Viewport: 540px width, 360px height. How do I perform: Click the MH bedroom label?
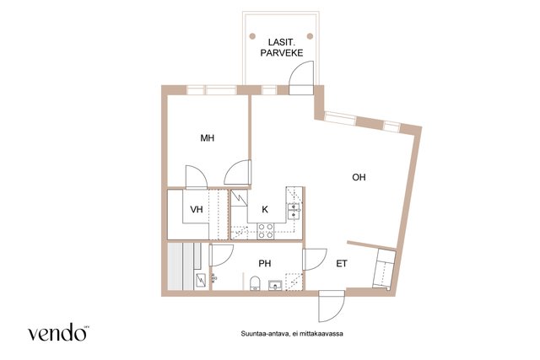[x=208, y=138]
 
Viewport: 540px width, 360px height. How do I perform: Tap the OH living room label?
[x=359, y=177]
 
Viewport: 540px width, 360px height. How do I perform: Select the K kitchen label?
[x=265, y=209]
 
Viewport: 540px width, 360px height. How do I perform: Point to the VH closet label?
[x=197, y=209]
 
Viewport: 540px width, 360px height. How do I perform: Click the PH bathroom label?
[x=265, y=263]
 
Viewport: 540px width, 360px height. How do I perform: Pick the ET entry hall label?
[x=342, y=264]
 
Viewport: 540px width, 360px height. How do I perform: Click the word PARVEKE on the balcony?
[x=282, y=52]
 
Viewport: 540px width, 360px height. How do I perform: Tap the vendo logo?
[x=57, y=332]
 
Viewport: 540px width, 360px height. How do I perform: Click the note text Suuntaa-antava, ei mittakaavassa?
[x=292, y=334]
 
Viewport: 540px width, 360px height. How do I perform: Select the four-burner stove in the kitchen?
[x=266, y=231]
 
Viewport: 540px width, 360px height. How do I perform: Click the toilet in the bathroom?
[x=255, y=283]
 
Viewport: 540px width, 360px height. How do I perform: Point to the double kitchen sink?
[x=294, y=211]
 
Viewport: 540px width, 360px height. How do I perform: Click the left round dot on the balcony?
[x=252, y=35]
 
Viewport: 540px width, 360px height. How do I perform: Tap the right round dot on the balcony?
[x=310, y=35]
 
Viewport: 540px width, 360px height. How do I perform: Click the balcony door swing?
[x=301, y=78]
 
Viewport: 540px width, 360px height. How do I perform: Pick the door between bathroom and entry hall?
[x=314, y=260]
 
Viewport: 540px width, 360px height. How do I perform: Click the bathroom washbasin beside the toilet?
[x=275, y=285]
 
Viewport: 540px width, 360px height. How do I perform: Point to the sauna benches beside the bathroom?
[x=181, y=266]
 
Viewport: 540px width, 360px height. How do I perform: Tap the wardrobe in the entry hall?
[x=385, y=269]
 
